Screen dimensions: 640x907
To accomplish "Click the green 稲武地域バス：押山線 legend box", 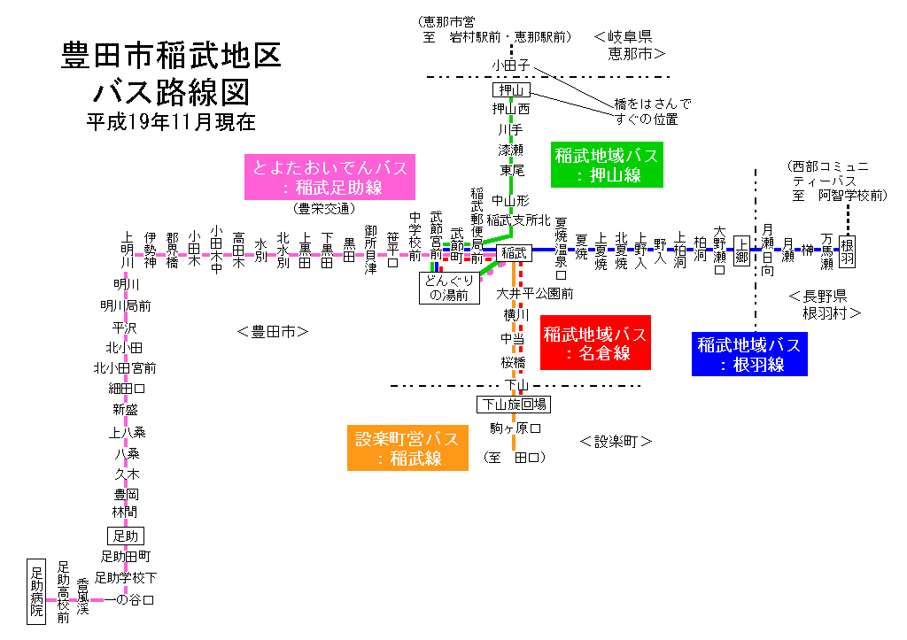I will coord(608,165).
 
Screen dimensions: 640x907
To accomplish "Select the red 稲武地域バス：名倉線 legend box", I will coord(595,343).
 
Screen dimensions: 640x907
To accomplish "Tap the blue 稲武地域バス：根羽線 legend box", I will coord(748,353).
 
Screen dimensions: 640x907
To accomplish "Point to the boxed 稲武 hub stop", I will coord(514,252).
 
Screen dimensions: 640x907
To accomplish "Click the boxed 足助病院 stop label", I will coord(36,590).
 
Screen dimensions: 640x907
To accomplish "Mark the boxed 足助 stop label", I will coord(124,536).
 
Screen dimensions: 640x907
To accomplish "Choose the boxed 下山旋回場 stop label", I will coord(513,405).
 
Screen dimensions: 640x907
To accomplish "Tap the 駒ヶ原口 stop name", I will coord(515,428).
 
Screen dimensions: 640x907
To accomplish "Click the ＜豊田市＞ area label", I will coord(273,332).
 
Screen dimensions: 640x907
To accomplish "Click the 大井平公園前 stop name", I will coord(535,293).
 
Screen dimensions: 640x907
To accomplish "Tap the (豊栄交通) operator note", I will coord(324,209).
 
